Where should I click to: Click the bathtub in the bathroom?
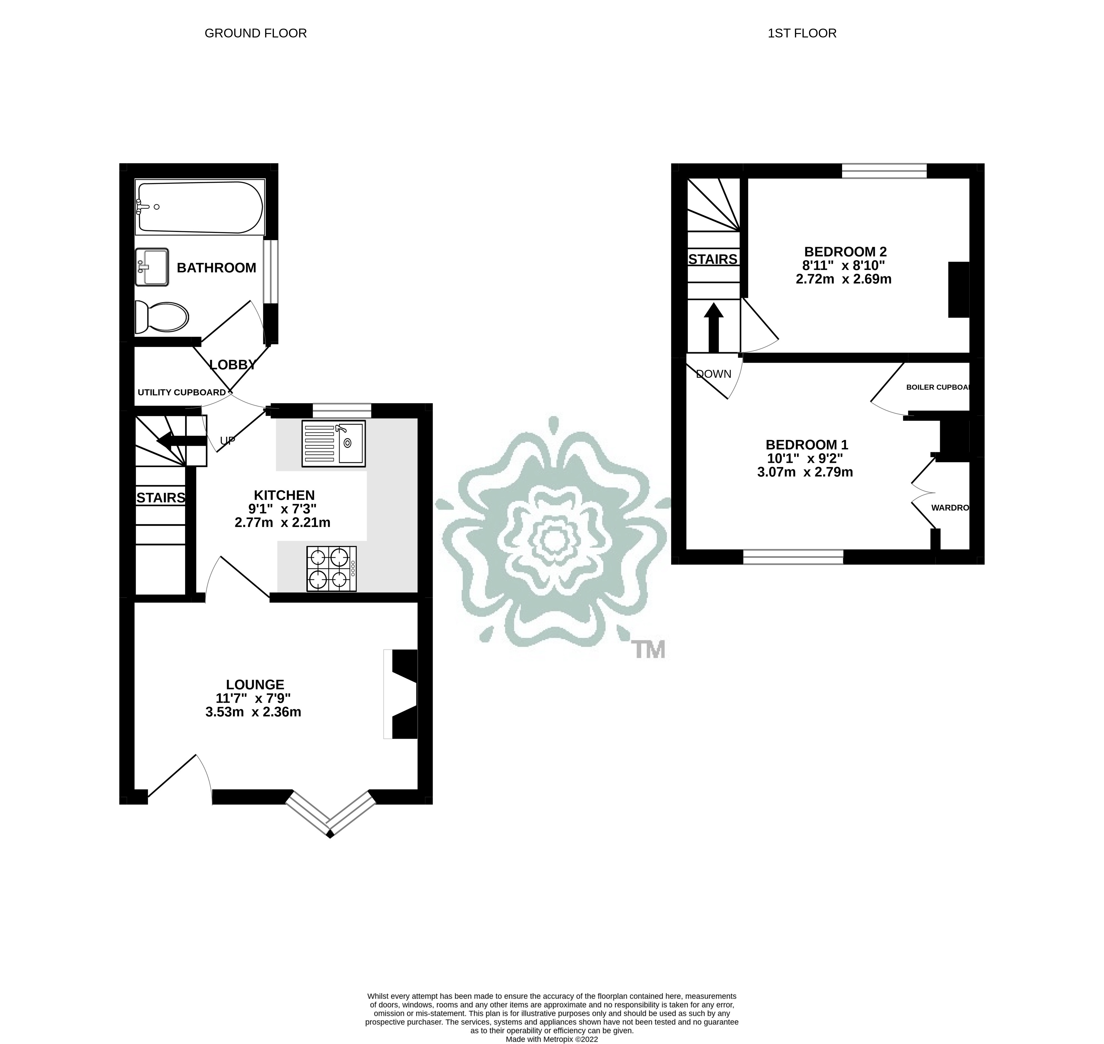tap(199, 207)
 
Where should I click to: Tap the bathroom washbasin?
tap(151, 267)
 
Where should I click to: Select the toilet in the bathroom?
tap(162, 317)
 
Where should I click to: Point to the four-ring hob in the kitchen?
tap(331, 569)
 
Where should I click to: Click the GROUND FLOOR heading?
tap(256, 33)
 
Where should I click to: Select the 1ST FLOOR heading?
tap(802, 33)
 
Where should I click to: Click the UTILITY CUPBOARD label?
tap(182, 392)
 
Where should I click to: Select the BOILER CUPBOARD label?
tap(938, 387)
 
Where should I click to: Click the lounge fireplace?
tap(402, 694)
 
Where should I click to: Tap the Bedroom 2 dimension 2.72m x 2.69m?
tap(843, 279)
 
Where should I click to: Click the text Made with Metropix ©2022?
tap(551, 1039)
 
